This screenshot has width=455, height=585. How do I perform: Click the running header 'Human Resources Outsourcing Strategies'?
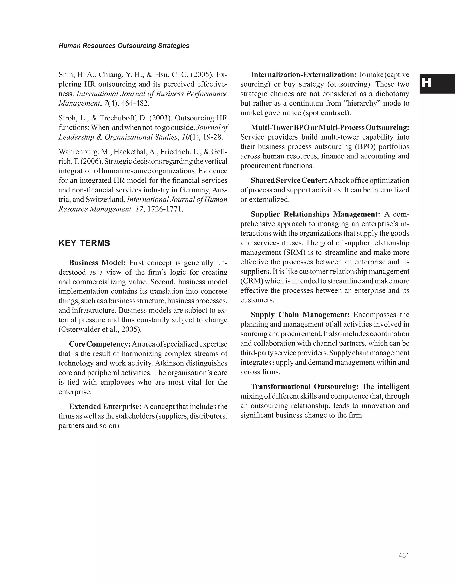124,46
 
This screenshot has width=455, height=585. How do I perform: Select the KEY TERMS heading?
84,243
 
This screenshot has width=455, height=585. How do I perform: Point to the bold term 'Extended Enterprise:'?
105,407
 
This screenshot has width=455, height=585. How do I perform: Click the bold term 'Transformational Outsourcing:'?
305,387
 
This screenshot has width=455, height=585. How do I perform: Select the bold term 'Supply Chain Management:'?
300,315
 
